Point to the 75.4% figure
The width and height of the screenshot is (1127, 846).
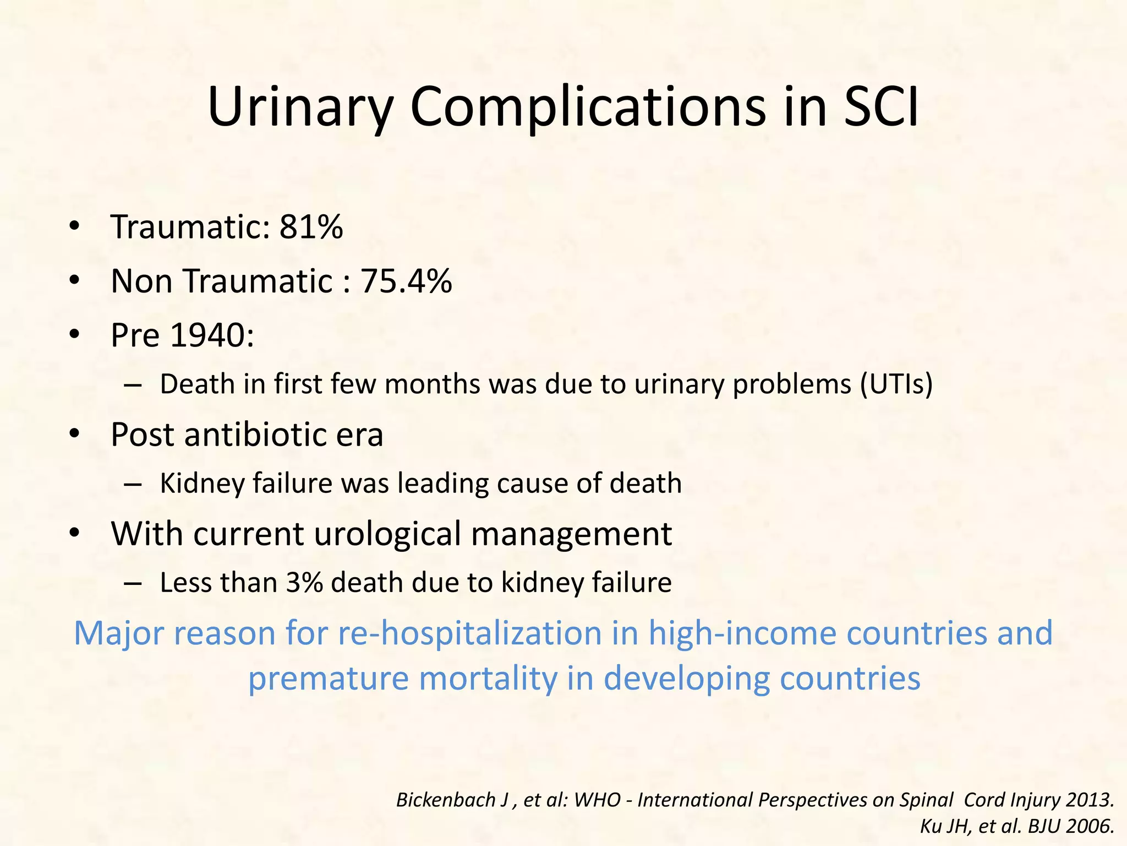click(406, 281)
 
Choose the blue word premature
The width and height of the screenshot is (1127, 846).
click(328, 678)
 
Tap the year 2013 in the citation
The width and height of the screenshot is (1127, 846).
click(1089, 800)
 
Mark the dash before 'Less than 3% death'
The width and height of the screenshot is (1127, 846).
click(133, 583)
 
